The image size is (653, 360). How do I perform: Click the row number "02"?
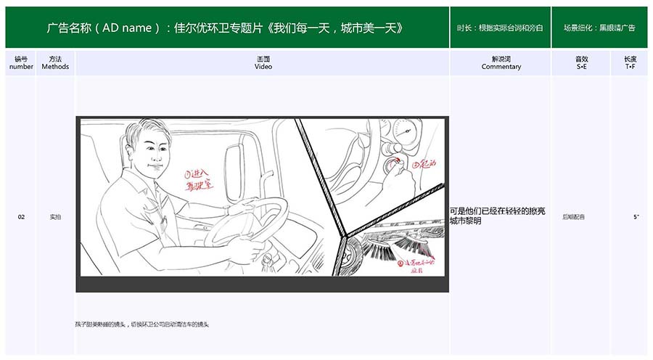[21, 217]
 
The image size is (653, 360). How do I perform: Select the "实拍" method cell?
[55, 217]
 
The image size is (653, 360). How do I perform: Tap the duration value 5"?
[636, 217]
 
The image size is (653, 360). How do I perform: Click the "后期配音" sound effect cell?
[573, 217]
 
